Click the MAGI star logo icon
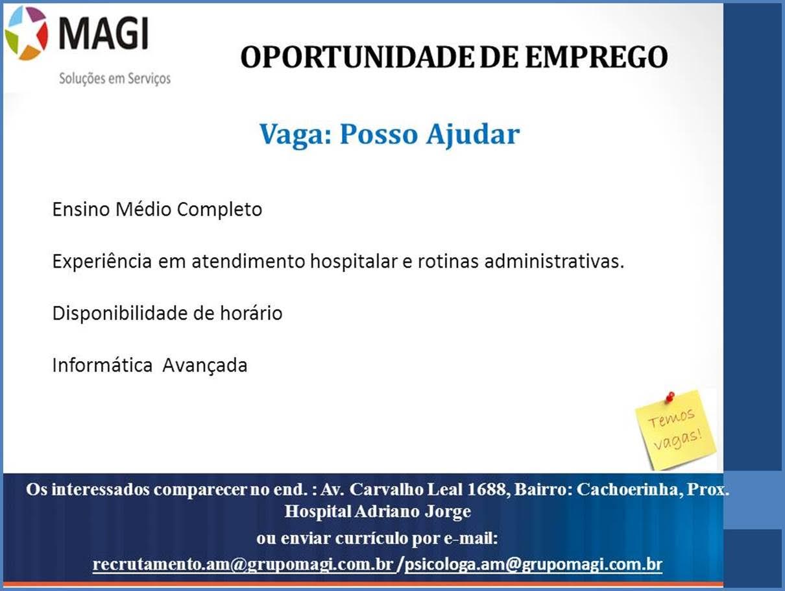tap(26, 33)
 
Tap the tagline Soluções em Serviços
tap(115, 78)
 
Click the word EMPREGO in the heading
tap(596, 57)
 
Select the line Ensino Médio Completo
tap(157, 210)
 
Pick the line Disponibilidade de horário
tap(167, 314)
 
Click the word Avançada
tap(204, 365)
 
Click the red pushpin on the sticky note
tap(669, 396)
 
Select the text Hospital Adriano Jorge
tap(378, 511)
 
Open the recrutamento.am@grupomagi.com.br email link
tap(243, 564)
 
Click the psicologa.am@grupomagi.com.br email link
tap(533, 564)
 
